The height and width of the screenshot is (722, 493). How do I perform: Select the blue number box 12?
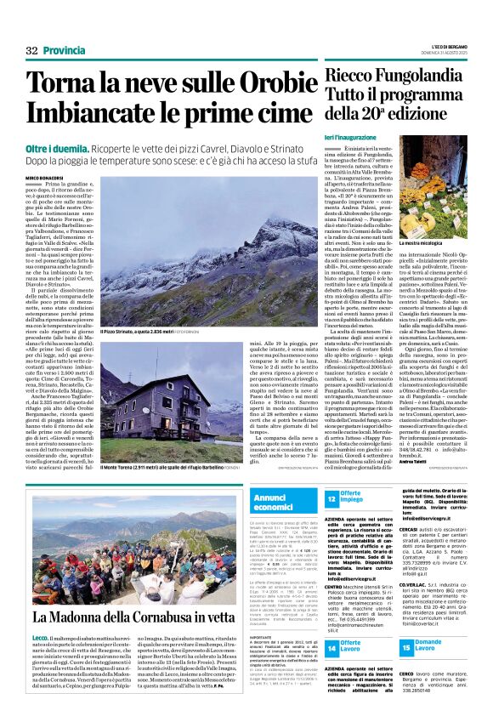pos(333,501)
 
